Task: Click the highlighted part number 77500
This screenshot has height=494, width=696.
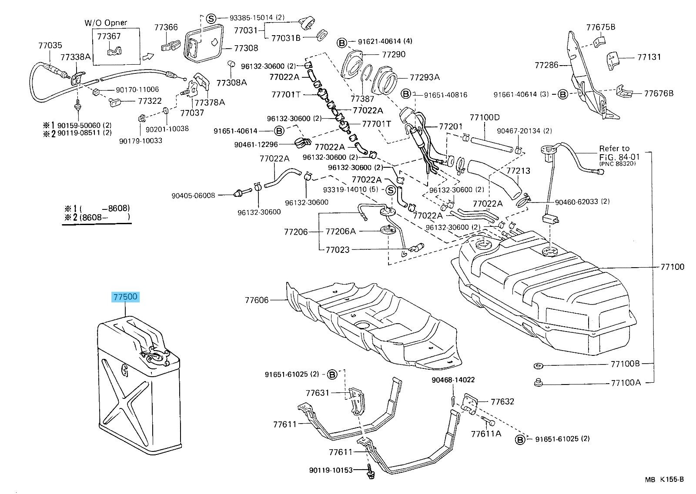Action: (126, 297)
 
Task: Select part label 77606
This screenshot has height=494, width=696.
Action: (257, 300)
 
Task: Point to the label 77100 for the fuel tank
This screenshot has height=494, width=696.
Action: (672, 267)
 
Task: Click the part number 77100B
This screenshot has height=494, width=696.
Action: (625, 364)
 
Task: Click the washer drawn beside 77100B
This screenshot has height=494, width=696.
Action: (538, 365)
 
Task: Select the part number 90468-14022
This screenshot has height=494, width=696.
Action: (453, 380)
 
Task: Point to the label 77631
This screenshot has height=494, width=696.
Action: (318, 393)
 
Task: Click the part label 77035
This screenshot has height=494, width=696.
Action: (50, 45)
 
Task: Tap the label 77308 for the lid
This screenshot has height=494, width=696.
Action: (246, 48)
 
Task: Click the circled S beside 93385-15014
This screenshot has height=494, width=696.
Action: (211, 18)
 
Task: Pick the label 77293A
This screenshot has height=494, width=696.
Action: (425, 77)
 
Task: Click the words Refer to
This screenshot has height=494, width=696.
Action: (614, 148)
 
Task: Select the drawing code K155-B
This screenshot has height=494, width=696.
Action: (672, 479)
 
